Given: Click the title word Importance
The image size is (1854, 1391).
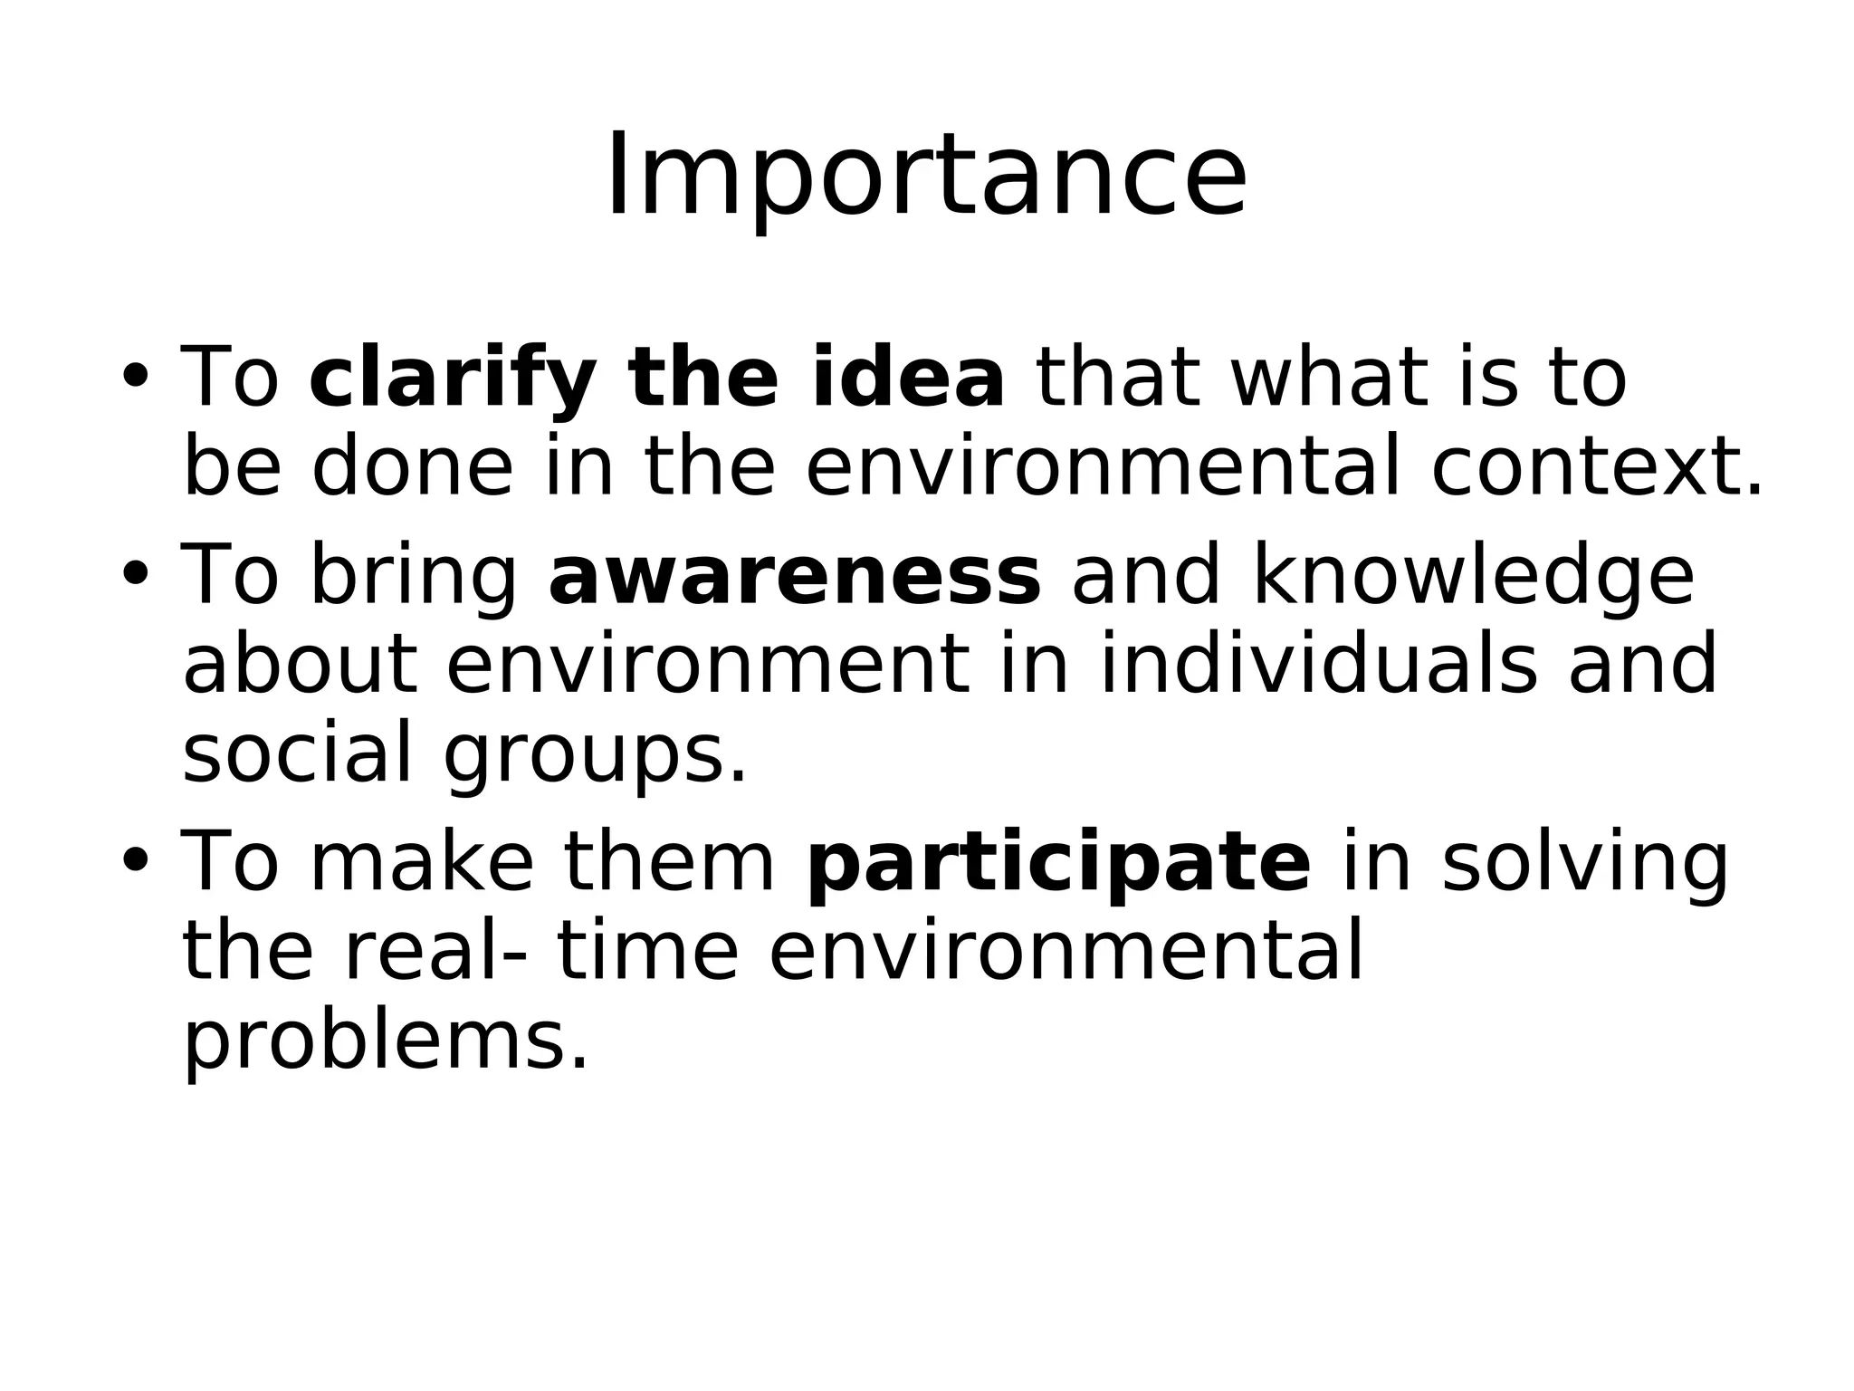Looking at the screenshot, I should pyautogui.click(x=926, y=177).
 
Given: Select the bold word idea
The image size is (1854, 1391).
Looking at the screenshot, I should pyautogui.click(x=907, y=377).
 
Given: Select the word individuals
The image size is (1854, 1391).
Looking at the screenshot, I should pyautogui.click(x=1318, y=665).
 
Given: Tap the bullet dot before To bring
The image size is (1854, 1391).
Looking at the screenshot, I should pyautogui.click(x=134, y=574).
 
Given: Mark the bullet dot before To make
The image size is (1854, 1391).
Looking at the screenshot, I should pyautogui.click(x=134, y=860).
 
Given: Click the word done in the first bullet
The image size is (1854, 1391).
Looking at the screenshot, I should pyautogui.click(x=413, y=467).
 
